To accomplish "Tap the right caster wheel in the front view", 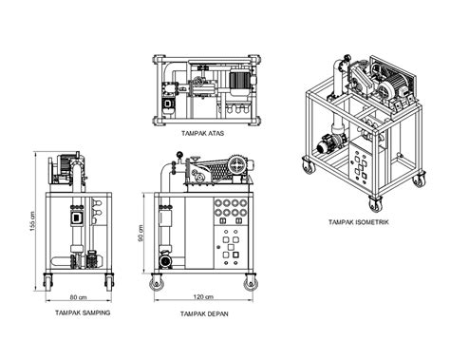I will (252, 281).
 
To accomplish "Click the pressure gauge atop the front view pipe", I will (177, 156).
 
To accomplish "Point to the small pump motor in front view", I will (167, 257).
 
